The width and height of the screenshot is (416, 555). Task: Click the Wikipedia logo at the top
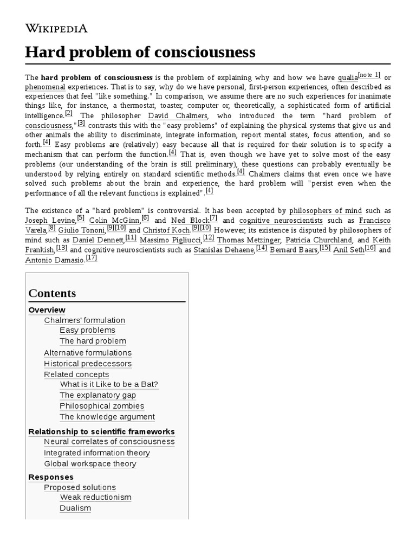[x=56, y=28]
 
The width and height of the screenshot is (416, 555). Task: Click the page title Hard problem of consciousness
[x=140, y=52]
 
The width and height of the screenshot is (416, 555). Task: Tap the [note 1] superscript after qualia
[x=370, y=75]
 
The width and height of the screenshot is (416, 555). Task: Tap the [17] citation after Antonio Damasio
[x=91, y=258]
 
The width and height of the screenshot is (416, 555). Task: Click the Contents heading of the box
[x=52, y=293]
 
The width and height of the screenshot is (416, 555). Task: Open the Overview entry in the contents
[x=47, y=310]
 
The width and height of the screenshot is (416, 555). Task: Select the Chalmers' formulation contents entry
[x=84, y=320]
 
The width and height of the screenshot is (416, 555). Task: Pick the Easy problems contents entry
[x=87, y=330]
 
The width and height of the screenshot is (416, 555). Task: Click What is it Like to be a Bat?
[x=109, y=384]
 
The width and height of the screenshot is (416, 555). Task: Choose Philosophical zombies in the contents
[x=102, y=406]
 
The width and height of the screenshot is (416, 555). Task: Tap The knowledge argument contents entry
[x=107, y=417]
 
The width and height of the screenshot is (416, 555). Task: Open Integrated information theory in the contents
[x=97, y=453]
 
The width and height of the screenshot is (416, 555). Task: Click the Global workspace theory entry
[x=90, y=463]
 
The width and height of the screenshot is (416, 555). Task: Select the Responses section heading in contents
[x=51, y=477]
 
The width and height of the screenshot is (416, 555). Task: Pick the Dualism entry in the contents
[x=75, y=508]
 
